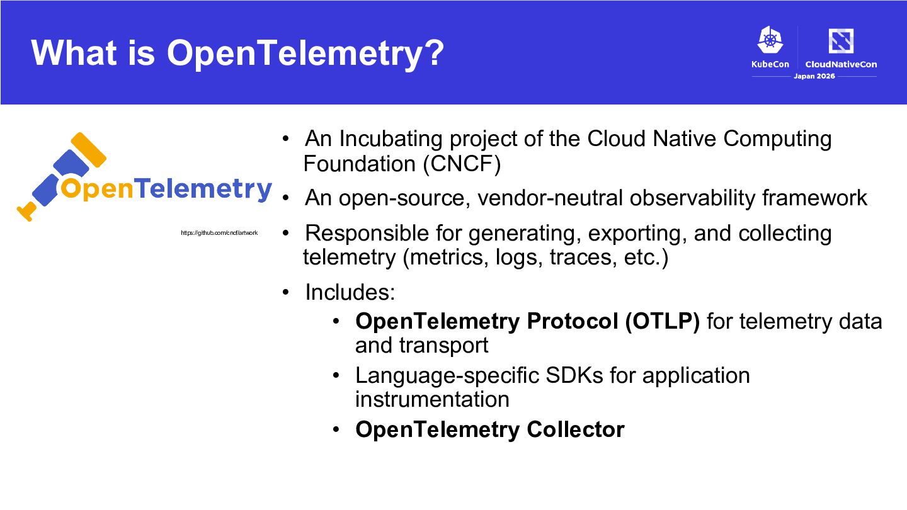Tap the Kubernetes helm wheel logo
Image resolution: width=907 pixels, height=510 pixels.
click(770, 40)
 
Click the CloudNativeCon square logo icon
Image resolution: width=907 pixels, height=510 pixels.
click(841, 40)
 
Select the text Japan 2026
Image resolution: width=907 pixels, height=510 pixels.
click(814, 76)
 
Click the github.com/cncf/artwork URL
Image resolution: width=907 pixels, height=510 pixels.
click(219, 233)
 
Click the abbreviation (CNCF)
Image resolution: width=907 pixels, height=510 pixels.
click(462, 164)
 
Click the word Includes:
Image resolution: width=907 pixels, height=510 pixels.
click(350, 292)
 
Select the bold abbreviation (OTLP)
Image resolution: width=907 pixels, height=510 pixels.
click(663, 321)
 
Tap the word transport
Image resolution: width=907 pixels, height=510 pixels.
click(443, 346)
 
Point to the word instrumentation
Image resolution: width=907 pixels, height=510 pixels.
click(432, 399)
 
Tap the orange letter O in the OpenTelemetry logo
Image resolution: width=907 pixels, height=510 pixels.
click(70, 189)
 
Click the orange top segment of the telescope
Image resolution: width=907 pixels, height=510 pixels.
click(89, 150)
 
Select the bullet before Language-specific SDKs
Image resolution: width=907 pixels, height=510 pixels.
click(336, 375)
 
